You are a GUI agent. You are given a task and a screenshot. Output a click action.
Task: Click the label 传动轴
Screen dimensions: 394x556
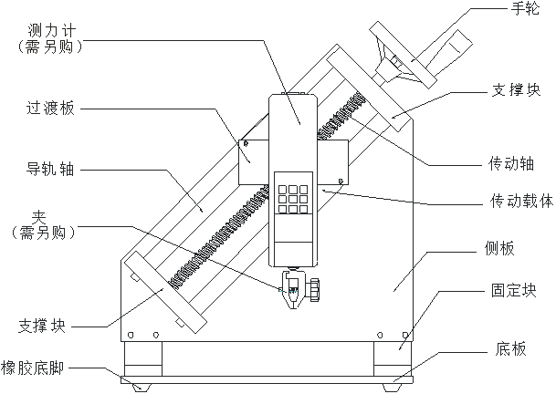(x=512, y=164)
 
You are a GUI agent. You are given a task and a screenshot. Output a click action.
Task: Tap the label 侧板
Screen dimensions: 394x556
(x=501, y=249)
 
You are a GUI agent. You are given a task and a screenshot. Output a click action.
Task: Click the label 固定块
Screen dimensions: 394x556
(x=512, y=291)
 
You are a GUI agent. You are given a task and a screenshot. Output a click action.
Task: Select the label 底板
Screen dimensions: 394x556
(x=511, y=347)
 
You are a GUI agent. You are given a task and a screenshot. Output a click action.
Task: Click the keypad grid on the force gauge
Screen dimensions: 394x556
(x=293, y=198)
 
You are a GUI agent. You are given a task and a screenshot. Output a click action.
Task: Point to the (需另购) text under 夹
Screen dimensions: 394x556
(x=42, y=233)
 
